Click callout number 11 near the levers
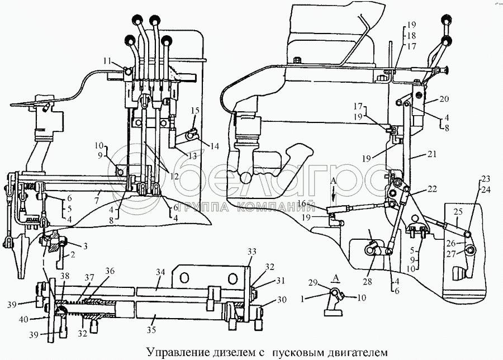[107, 60]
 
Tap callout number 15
[195, 111]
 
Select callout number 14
[214, 146]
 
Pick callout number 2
[73, 255]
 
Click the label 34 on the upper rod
[160, 272]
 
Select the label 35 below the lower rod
[151, 329]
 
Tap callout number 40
[24, 319]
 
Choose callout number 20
[444, 99]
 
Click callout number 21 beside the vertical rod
[432, 154]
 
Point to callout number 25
[458, 212]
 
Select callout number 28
[367, 282]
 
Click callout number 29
[314, 283]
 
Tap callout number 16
[302, 202]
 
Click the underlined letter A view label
[336, 278]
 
